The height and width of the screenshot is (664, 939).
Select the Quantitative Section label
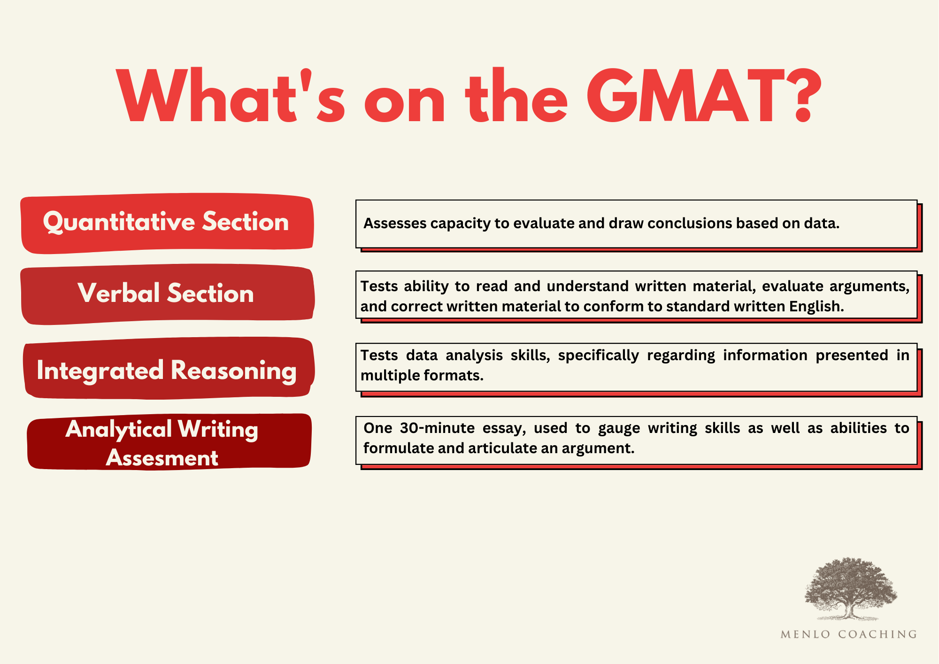coord(166,222)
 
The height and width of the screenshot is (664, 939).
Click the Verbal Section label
coord(166,293)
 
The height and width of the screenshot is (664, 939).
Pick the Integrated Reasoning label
coord(167,370)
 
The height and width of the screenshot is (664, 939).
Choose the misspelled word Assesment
coord(162,458)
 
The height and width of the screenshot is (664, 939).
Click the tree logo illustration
coord(850,589)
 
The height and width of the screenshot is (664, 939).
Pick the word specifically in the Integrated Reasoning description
coord(598,355)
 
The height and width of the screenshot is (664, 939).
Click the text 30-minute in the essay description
coord(437,428)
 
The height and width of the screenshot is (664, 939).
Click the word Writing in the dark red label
coord(218,429)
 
